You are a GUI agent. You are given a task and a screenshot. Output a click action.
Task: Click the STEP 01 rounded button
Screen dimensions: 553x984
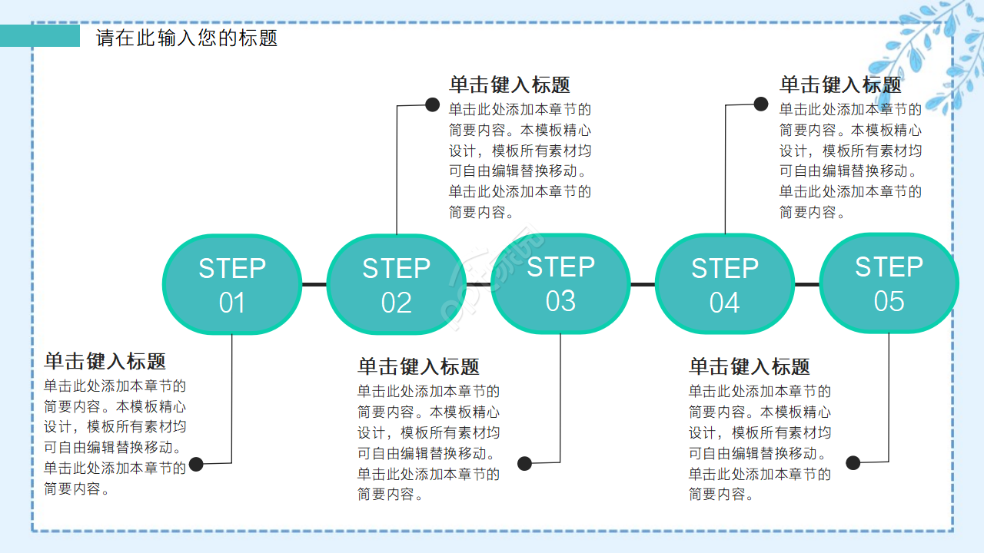pyautogui.click(x=231, y=284)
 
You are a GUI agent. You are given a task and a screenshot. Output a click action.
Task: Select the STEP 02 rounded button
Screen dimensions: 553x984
pyautogui.click(x=396, y=284)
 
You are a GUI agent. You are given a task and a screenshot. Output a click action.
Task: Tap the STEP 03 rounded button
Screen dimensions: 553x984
pyautogui.click(x=560, y=283)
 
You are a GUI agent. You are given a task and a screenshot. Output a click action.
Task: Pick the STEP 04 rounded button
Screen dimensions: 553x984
pyautogui.click(x=724, y=284)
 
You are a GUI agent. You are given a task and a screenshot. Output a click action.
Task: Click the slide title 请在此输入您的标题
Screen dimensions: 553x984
pyautogui.click(x=187, y=38)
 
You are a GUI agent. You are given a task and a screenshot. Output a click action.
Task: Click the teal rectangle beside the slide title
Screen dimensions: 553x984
pyautogui.click(x=40, y=35)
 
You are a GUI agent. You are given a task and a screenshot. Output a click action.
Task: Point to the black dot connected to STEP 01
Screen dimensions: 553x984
pyautogui.click(x=197, y=464)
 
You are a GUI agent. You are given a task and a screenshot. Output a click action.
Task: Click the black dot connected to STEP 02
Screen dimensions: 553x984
pyautogui.click(x=432, y=104)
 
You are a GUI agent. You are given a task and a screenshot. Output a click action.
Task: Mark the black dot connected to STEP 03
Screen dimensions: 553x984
pyautogui.click(x=524, y=463)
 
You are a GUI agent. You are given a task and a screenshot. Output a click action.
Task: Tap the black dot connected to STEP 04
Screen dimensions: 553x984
pyautogui.click(x=761, y=104)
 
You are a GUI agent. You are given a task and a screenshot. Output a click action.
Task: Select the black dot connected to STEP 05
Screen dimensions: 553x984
pyautogui.click(x=853, y=462)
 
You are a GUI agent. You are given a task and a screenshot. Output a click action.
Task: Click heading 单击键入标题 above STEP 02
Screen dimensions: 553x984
pyautogui.click(x=510, y=84)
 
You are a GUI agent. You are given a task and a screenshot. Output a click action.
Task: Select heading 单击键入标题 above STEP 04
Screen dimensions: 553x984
pyautogui.click(x=840, y=84)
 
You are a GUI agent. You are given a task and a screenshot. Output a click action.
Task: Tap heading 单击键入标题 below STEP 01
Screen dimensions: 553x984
pyautogui.click(x=105, y=361)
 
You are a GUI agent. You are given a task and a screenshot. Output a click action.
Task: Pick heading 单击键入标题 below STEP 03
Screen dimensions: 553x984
pyautogui.click(x=418, y=366)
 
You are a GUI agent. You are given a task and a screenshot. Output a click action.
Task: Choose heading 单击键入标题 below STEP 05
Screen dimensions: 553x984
pyautogui.click(x=750, y=366)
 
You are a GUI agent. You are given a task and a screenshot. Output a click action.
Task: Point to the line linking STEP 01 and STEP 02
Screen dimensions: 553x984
pyautogui.click(x=314, y=284)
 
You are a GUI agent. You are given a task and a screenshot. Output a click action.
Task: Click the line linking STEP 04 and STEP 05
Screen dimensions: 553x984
pyautogui.click(x=806, y=284)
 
